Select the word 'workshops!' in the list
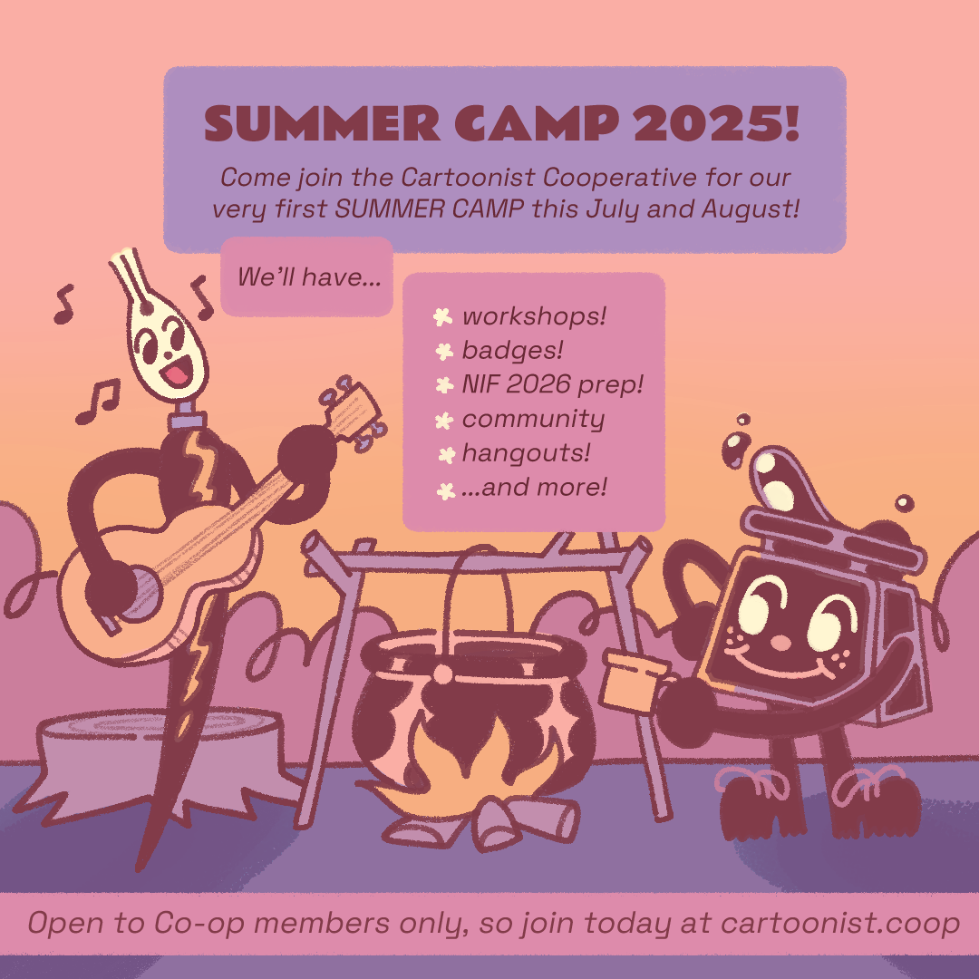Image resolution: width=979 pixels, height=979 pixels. pos(535,316)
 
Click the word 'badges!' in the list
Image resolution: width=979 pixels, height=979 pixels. pos(512,350)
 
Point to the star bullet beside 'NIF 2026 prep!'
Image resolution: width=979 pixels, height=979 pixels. pos(444,385)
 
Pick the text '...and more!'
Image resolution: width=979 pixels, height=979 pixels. pos(535,487)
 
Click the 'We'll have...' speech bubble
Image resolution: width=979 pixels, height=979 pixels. pos(306,276)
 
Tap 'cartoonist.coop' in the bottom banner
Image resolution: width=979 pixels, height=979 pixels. pos(840,924)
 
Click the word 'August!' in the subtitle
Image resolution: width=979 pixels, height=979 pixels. pos(751,208)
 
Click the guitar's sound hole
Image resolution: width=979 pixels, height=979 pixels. pos(141,592)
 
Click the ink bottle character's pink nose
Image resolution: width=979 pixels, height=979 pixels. pos(780,642)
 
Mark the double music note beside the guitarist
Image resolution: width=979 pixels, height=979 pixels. pos(98,402)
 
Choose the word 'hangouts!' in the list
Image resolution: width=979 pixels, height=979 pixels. pos(527,453)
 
